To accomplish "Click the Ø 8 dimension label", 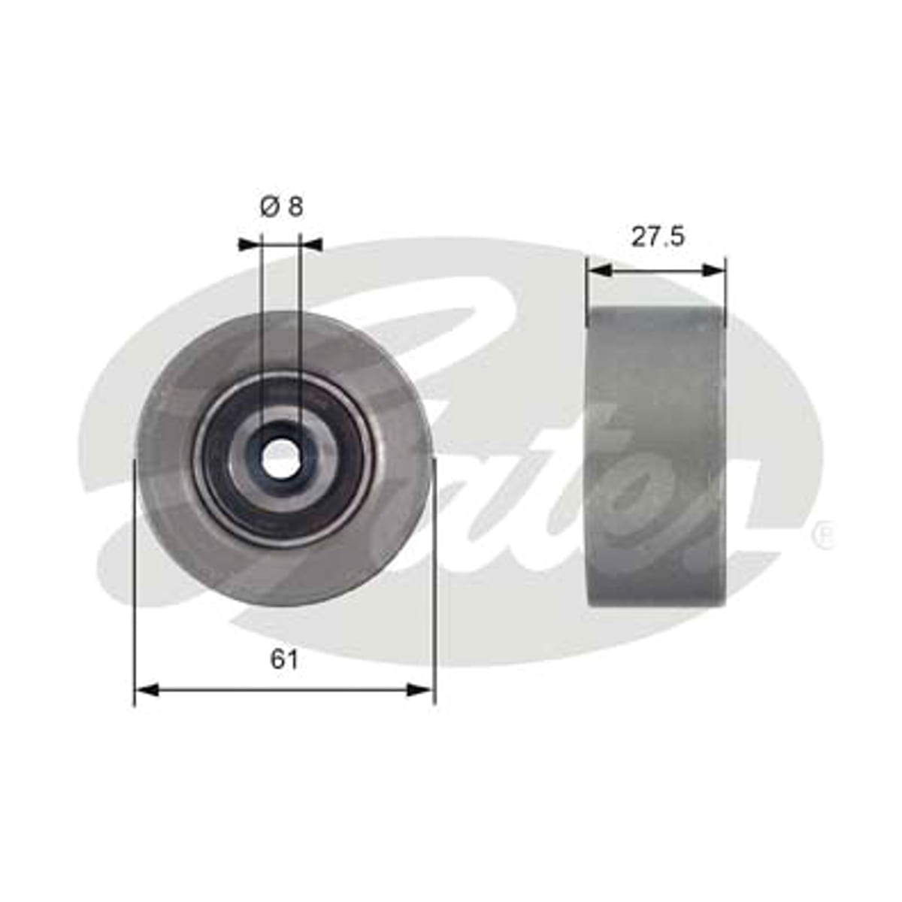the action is (x=281, y=207).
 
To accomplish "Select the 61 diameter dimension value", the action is (x=283, y=660).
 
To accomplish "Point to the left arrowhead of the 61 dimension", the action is (x=147, y=690).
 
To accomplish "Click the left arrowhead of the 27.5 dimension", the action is (x=599, y=270).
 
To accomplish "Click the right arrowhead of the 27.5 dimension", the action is (x=713, y=270).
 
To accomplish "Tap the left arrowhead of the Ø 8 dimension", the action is (x=250, y=244).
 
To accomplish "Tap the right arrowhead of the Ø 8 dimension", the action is (x=311, y=244).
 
